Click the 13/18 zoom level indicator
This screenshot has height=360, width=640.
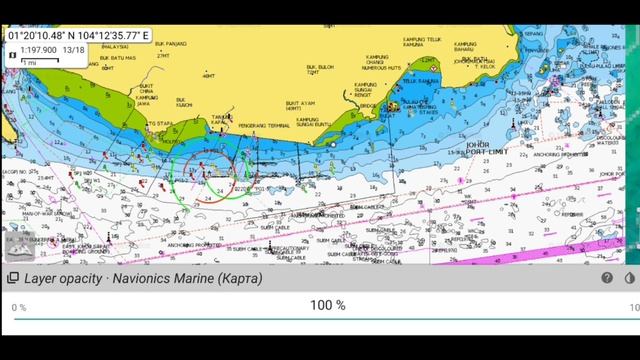[72, 48]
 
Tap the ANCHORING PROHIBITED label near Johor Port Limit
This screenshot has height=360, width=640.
[560, 154]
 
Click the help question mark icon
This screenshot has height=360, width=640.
[606, 279]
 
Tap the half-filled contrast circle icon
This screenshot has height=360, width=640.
[629, 279]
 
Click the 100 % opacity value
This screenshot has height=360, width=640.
[327, 305]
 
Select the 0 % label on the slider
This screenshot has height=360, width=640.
[19, 306]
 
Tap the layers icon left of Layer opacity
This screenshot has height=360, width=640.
[13, 279]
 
